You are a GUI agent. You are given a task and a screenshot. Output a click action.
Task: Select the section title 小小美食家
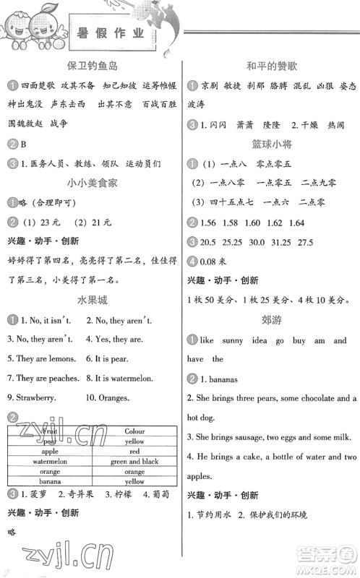click(x=93, y=184)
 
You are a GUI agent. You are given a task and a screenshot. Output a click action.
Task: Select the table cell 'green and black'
click(x=134, y=462)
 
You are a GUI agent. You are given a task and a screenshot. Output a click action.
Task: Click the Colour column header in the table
click(x=134, y=431)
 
